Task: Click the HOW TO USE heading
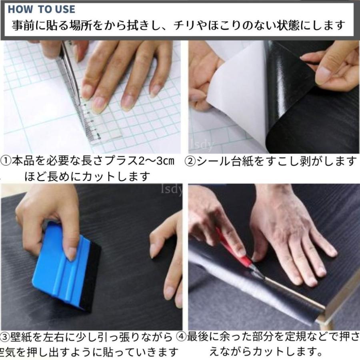(x=41, y=9)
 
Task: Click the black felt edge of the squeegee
(x=90, y=276)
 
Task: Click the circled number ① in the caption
(x=6, y=162)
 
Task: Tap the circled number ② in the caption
(x=190, y=162)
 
